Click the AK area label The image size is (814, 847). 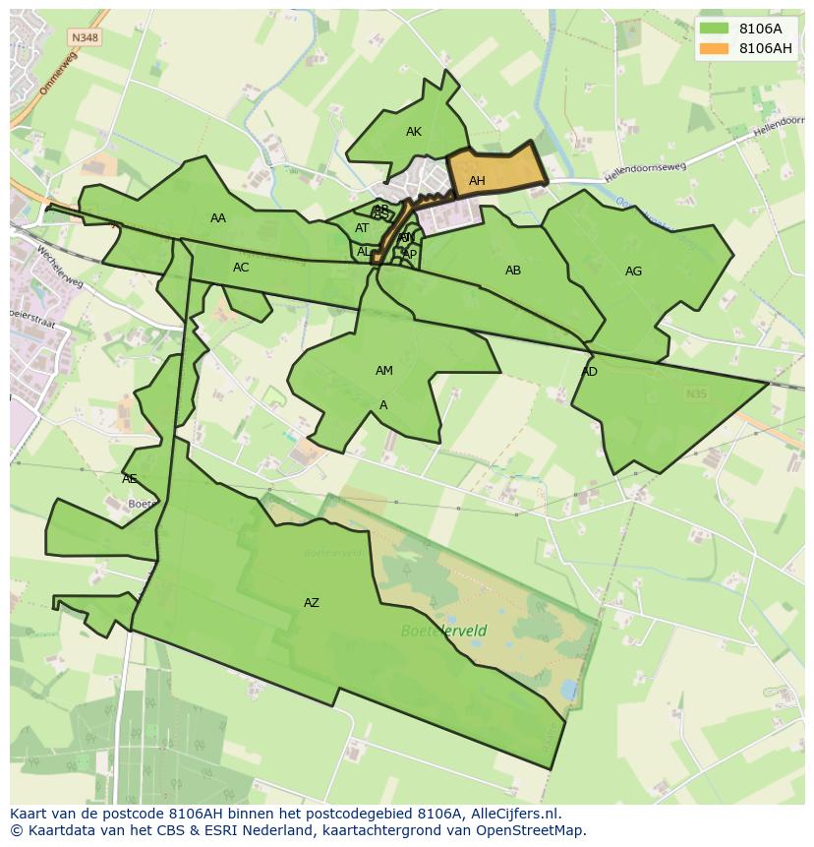[413, 132]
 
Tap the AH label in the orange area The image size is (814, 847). [477, 181]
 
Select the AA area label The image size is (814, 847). [218, 218]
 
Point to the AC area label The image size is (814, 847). [241, 268]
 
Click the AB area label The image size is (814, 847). [513, 271]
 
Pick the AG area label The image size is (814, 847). [633, 272]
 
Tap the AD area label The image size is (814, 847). [590, 372]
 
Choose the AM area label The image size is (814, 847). [384, 371]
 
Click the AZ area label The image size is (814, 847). [312, 603]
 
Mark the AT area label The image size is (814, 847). [362, 228]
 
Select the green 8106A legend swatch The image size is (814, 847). [715, 30]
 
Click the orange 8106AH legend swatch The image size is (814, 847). [715, 48]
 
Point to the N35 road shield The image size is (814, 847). [696, 393]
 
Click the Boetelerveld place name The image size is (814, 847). [444, 631]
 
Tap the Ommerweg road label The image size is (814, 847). [57, 73]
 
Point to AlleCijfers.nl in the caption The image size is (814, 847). [514, 814]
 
